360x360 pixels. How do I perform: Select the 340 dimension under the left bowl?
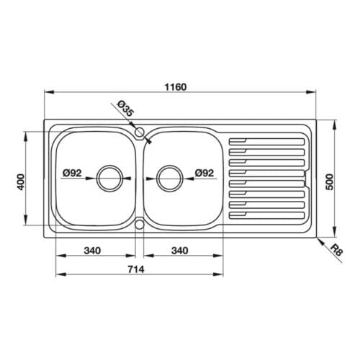click(91, 251)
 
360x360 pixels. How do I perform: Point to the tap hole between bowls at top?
click(140, 132)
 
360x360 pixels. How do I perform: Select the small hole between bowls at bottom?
click(140, 223)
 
